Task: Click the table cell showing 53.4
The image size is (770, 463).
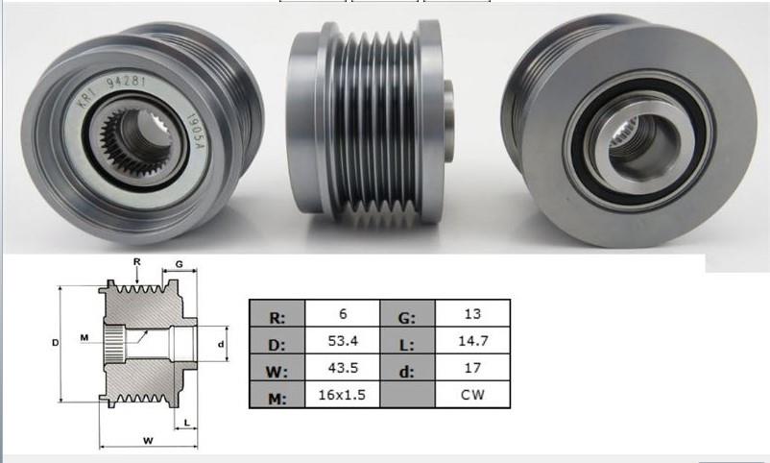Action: click(x=342, y=340)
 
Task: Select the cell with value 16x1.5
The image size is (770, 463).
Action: click(x=342, y=395)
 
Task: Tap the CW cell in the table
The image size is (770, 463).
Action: click(x=472, y=395)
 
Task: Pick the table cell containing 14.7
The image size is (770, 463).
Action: click(x=472, y=340)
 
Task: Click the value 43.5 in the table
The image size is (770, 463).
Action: click(x=342, y=368)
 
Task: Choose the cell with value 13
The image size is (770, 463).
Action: click(x=472, y=313)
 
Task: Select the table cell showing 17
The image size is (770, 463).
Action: click(x=472, y=368)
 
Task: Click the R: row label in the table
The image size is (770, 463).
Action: click(x=277, y=313)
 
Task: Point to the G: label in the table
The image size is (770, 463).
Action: click(x=408, y=313)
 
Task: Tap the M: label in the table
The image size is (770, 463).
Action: click(x=277, y=395)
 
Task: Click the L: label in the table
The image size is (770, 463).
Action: click(x=408, y=340)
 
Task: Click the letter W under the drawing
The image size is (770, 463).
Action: click(x=149, y=441)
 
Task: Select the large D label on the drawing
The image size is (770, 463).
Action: click(x=56, y=341)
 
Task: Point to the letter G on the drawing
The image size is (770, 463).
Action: click(x=180, y=262)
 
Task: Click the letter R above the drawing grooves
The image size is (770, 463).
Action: click(x=137, y=260)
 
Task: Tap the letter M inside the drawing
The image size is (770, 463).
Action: click(x=84, y=337)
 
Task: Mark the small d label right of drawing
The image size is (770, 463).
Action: click(x=221, y=343)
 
